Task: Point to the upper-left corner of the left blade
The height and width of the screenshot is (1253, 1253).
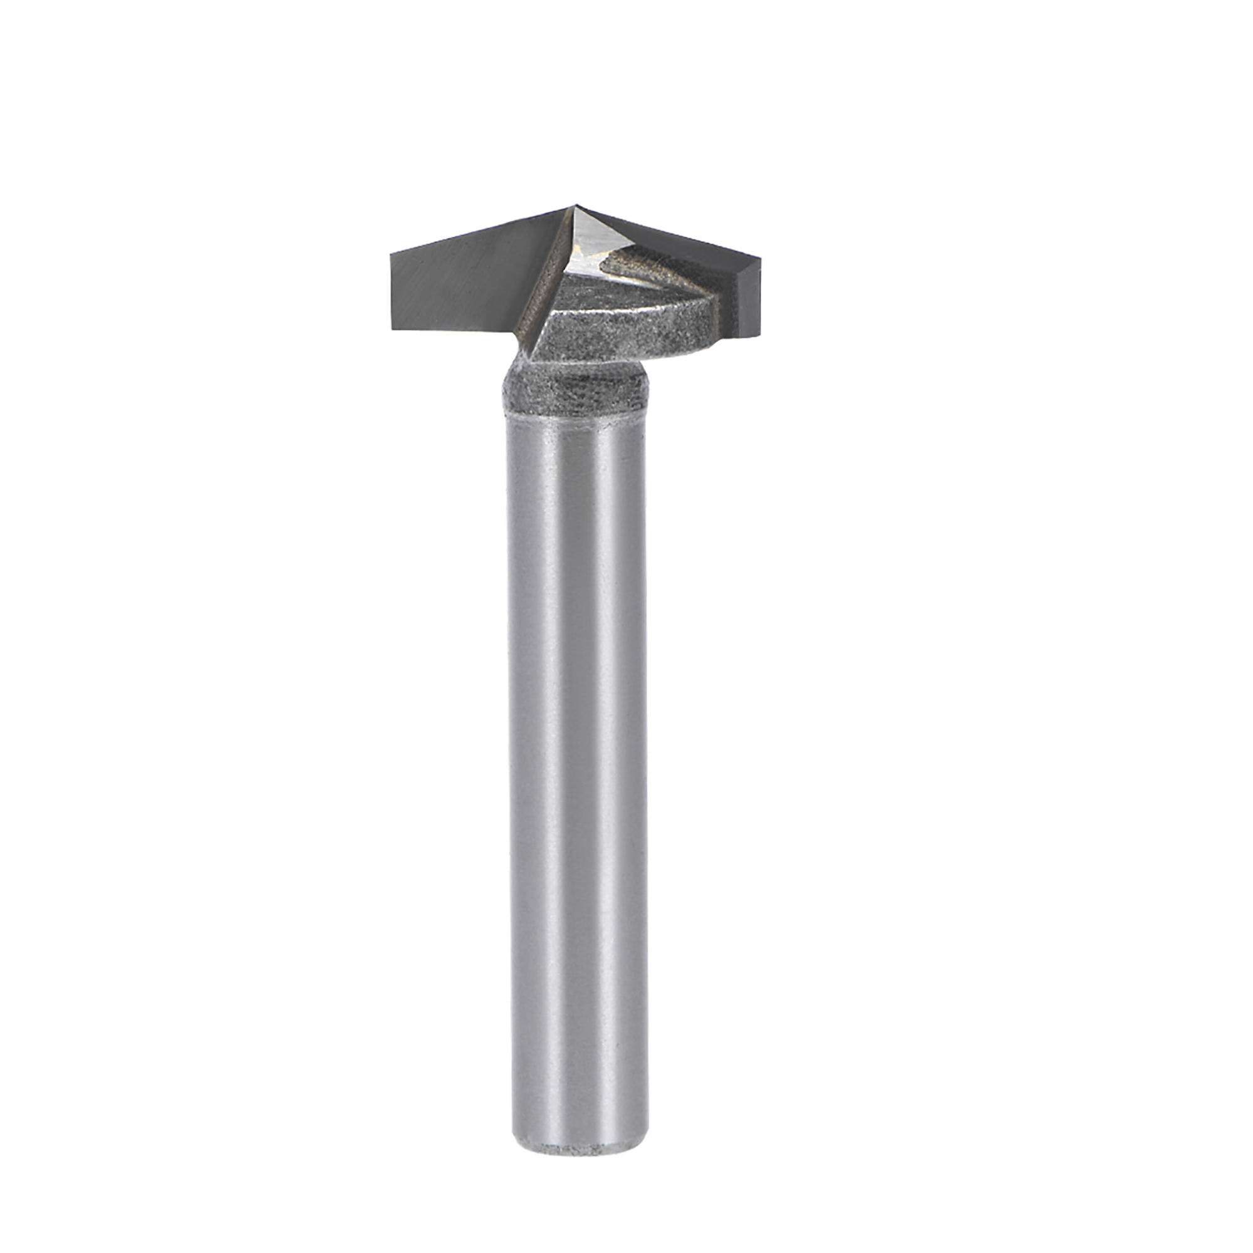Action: coord(390,254)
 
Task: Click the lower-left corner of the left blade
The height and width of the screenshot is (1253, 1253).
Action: coord(391,330)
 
